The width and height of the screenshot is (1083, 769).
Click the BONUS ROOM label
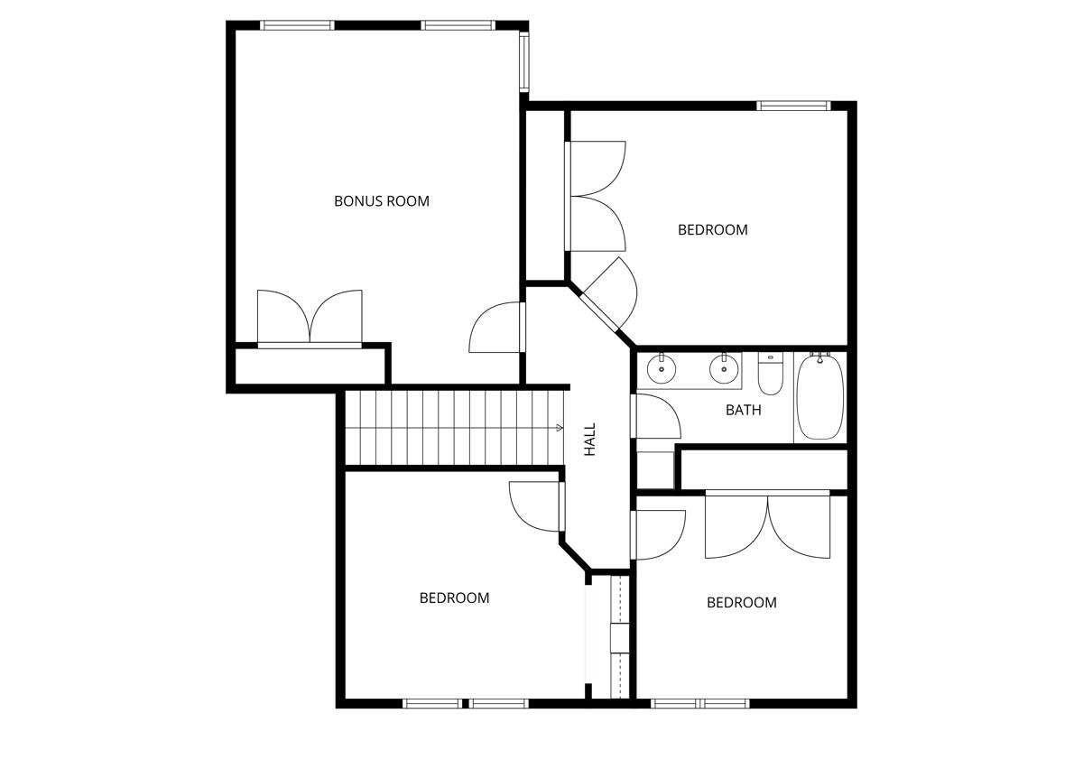tap(381, 201)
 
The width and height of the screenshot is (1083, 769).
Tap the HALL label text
tap(590, 440)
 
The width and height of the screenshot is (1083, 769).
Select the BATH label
tap(743, 410)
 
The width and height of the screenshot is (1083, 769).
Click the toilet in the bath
tap(770, 374)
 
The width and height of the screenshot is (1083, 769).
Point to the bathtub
tap(820, 397)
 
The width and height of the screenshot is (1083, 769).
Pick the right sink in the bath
tap(722, 368)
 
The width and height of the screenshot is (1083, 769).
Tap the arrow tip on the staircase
tap(560, 428)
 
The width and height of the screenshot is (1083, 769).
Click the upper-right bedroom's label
tap(712, 230)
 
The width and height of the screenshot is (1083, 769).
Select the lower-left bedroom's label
tap(454, 598)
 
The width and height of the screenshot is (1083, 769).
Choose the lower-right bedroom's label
tap(741, 603)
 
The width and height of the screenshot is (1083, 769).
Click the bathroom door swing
tap(657, 417)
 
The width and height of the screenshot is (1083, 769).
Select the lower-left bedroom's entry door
tap(537, 506)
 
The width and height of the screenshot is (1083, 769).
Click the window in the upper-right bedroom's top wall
tap(793, 106)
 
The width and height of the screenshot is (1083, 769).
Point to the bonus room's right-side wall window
tap(523, 61)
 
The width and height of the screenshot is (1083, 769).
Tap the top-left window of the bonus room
tap(297, 25)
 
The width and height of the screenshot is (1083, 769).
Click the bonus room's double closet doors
tap(310, 319)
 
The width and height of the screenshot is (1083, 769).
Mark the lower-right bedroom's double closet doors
tap(767, 525)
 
